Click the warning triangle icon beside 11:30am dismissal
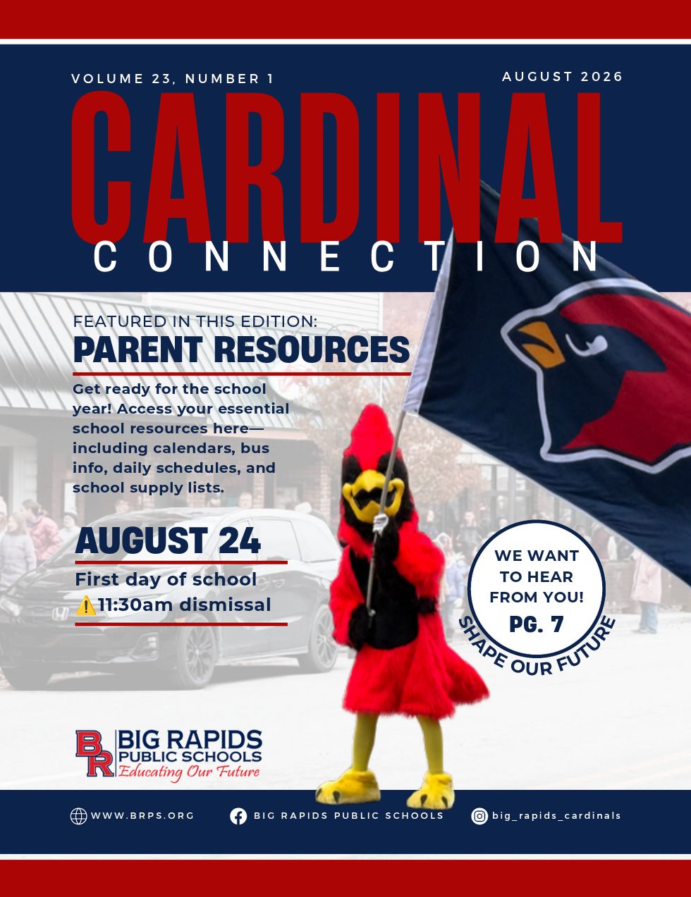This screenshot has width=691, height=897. [85, 605]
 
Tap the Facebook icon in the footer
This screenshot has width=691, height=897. [238, 816]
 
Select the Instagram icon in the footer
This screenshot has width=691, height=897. [479, 816]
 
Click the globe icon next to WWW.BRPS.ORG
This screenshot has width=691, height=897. [78, 816]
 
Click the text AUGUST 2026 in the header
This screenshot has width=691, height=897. [562, 76]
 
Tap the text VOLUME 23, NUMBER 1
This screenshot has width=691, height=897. [173, 78]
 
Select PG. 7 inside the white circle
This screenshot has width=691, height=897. [537, 624]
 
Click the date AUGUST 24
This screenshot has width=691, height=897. [168, 540]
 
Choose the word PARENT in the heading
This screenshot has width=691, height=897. [138, 349]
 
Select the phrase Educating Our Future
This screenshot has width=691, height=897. [189, 772]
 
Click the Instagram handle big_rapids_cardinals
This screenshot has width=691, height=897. [556, 816]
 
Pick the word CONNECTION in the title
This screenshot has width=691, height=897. [345, 256]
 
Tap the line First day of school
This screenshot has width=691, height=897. [166, 579]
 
